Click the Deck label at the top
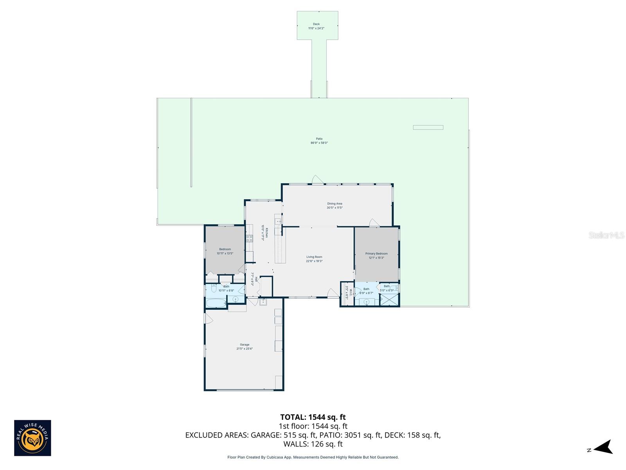(x=316, y=24)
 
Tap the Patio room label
(x=319, y=139)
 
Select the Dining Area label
(x=335, y=204)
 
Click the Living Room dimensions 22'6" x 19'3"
(x=314, y=261)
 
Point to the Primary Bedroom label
(x=376, y=254)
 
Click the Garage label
(x=245, y=345)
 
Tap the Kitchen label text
(x=267, y=233)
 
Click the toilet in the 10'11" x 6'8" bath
(x=214, y=289)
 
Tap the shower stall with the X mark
(x=389, y=299)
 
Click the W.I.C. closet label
(x=351, y=291)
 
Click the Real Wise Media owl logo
(x=32, y=438)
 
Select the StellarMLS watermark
(x=606, y=235)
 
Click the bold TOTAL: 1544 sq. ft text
(x=313, y=417)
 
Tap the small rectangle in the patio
(x=428, y=127)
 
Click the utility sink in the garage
(x=263, y=302)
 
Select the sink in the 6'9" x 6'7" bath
(x=367, y=302)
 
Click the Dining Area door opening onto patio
(x=317, y=180)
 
